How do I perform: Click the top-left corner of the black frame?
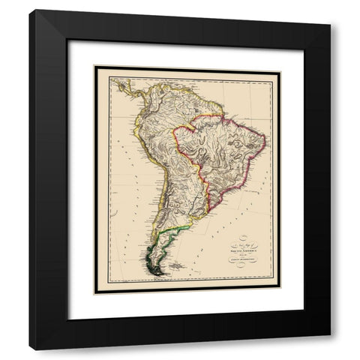(30, 10)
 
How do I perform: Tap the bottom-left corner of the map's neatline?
(95, 293)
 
